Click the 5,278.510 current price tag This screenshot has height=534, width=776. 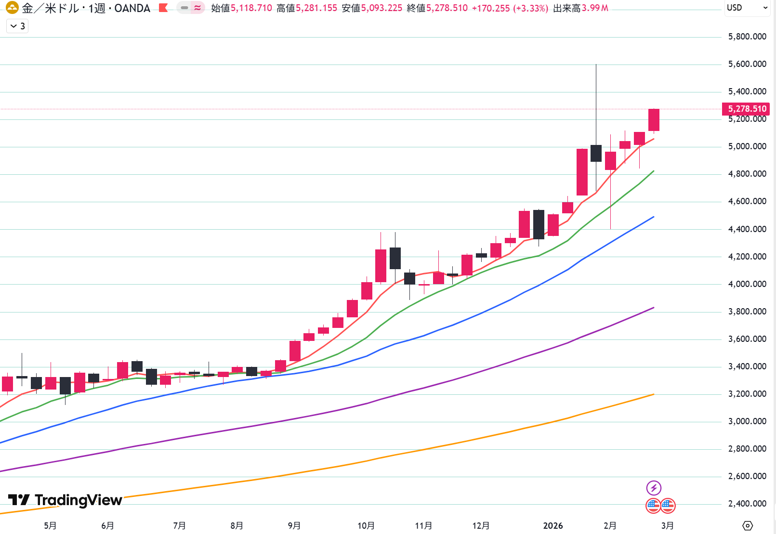tap(746, 109)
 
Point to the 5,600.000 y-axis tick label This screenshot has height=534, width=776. tap(747, 64)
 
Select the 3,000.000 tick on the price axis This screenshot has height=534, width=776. tap(747, 421)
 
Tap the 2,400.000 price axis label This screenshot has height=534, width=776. tap(747, 504)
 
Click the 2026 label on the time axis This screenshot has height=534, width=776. tap(552, 525)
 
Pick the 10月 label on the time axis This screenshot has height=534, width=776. tap(366, 525)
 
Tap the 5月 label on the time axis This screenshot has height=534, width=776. tap(50, 525)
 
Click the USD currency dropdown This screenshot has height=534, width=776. tap(747, 8)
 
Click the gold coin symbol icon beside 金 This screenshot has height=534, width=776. tap(12, 8)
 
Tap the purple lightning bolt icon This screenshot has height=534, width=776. tap(654, 488)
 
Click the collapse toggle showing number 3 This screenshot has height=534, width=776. tap(17, 26)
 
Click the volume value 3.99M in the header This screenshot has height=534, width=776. tap(595, 8)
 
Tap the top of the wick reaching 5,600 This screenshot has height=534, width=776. tap(596, 65)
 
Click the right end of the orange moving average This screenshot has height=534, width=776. tap(653, 394)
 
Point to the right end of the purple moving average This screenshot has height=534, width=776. tap(653, 308)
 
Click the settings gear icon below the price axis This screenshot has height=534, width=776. tap(748, 525)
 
